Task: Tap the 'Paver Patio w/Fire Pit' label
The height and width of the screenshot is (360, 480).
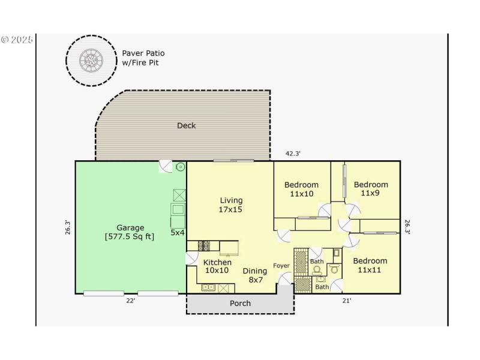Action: [143, 58]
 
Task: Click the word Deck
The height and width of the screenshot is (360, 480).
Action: [187, 125]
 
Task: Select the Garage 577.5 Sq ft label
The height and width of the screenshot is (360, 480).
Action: [130, 232]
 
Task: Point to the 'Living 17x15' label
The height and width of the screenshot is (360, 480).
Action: [231, 205]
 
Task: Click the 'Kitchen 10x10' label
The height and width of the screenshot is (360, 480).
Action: [217, 266]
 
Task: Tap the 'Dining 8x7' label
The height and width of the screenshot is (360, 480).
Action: [255, 275]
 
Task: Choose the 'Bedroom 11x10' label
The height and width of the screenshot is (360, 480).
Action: [301, 190]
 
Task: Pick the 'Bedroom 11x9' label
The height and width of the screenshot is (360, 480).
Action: [371, 189]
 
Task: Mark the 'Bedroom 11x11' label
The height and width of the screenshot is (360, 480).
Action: [370, 265]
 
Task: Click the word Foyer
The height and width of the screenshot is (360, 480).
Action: [281, 266]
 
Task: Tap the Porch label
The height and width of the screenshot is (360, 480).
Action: [241, 304]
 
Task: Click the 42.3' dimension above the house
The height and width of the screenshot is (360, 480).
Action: [293, 154]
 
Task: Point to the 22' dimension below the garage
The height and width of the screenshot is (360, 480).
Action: [131, 301]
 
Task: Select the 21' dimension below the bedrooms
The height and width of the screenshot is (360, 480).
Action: [347, 301]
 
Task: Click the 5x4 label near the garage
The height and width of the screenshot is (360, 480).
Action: [178, 232]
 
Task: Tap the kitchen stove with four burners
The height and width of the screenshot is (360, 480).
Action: [204, 245]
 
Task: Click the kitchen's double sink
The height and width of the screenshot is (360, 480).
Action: [209, 287]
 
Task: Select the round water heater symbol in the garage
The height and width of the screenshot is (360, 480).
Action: [181, 167]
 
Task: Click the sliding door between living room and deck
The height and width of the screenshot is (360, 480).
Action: [233, 161]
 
